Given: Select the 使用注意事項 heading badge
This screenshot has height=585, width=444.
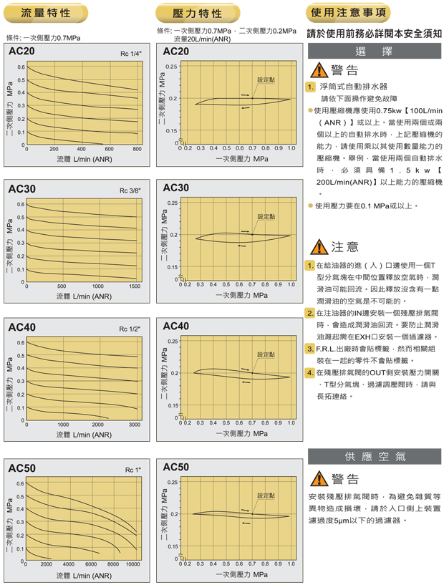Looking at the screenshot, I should pyautogui.click(x=349, y=13).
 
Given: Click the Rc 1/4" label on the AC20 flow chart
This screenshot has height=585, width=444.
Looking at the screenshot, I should pyautogui.click(x=131, y=54).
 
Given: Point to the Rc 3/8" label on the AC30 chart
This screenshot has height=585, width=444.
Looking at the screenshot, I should pyautogui.click(x=130, y=191).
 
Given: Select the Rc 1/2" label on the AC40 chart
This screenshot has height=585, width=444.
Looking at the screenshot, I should pyautogui.click(x=130, y=329).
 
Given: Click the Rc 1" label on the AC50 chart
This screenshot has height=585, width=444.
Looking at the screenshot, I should pyautogui.click(x=133, y=470).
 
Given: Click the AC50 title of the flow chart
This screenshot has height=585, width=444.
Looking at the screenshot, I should pyautogui.click(x=21, y=468).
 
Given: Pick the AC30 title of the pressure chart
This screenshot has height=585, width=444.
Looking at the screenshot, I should pyautogui.click(x=176, y=188).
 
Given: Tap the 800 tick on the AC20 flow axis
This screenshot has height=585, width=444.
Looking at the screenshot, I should pyautogui.click(x=137, y=150).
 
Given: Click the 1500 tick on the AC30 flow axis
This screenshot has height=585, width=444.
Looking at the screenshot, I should pyautogui.click(x=133, y=286).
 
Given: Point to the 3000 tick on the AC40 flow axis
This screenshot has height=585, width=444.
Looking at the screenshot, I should pyautogui.click(x=134, y=425).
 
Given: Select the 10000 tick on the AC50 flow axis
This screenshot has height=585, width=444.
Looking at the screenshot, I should pyautogui.click(x=132, y=565).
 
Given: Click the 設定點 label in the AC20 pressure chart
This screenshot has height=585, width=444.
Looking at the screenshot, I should pyautogui.click(x=266, y=79).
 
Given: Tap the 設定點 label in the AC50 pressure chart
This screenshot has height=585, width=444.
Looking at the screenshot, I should pyautogui.click(x=266, y=495).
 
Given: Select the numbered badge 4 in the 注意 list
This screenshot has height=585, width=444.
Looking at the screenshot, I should pyautogui.click(x=310, y=372).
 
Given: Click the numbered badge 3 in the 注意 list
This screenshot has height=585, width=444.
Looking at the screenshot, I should pyautogui.click(x=310, y=349).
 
